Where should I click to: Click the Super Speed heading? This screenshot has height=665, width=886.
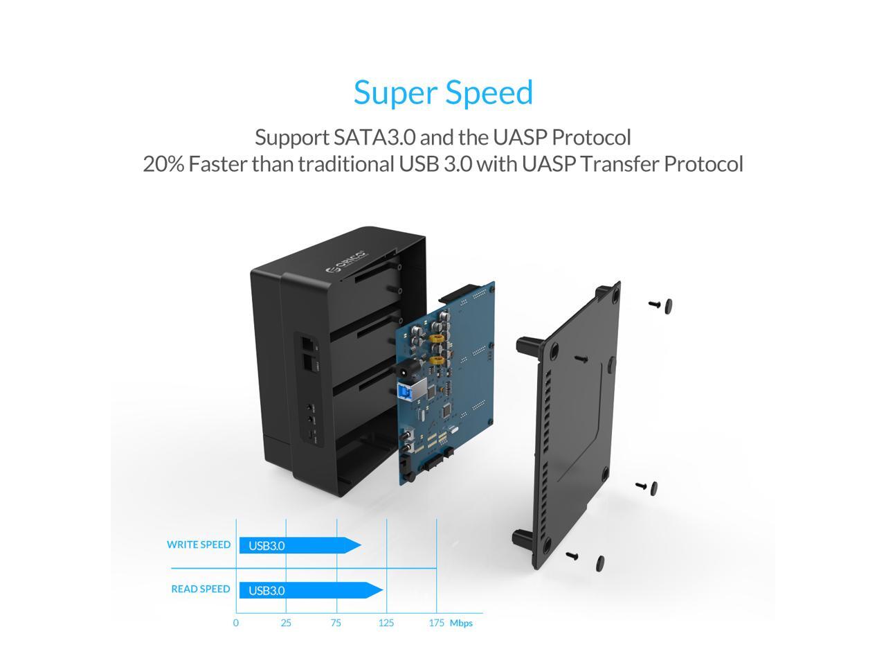443,92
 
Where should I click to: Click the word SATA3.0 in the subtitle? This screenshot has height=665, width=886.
374,137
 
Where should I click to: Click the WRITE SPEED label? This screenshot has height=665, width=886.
198,544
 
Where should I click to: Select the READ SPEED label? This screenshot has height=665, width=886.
200,589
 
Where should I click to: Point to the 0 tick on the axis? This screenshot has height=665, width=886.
236,623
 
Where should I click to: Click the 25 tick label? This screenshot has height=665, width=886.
286,623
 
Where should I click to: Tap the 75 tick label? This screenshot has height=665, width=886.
336,623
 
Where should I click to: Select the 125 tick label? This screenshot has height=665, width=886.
386,623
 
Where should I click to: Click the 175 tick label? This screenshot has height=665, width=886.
436,623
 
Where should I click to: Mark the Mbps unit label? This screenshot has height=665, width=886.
461,623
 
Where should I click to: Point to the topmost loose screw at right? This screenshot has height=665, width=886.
661,305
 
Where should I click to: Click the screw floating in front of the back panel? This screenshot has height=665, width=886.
578,358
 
